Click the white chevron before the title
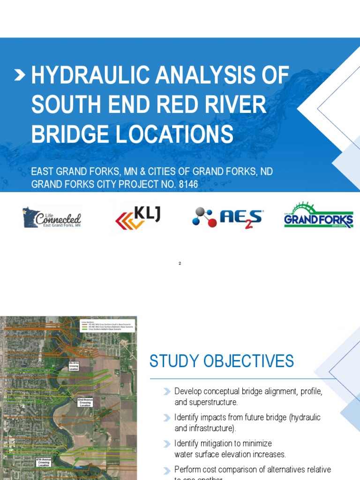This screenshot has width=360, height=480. tap(20, 75)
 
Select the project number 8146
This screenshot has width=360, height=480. tap(188, 185)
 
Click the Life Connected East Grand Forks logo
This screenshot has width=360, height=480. tap(52, 218)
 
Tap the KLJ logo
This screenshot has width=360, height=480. tap(138, 217)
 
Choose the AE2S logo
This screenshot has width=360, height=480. tap(228, 218)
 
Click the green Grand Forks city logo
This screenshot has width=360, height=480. tap(318, 216)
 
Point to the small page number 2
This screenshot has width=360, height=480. tap(180, 263)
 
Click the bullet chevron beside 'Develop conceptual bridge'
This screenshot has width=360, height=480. tap(167, 391)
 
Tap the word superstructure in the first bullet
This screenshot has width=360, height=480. tap(214, 402)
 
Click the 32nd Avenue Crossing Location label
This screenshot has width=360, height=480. tap(85, 402)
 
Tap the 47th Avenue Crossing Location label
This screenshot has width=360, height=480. tap(44, 462)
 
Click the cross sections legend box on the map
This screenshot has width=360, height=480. tap(108, 325)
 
